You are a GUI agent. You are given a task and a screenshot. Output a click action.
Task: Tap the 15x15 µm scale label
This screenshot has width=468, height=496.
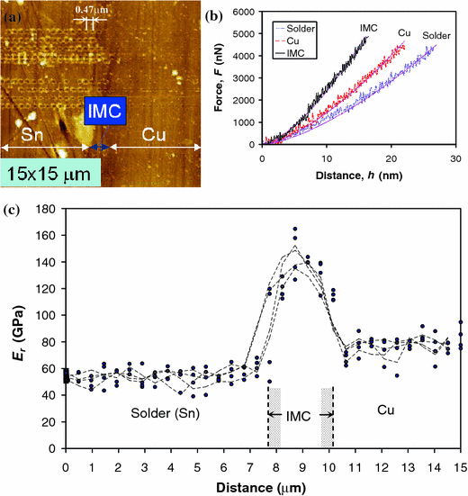tap(50, 172)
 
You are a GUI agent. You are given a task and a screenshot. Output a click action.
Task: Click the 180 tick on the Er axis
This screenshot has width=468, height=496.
tap(47, 209)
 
